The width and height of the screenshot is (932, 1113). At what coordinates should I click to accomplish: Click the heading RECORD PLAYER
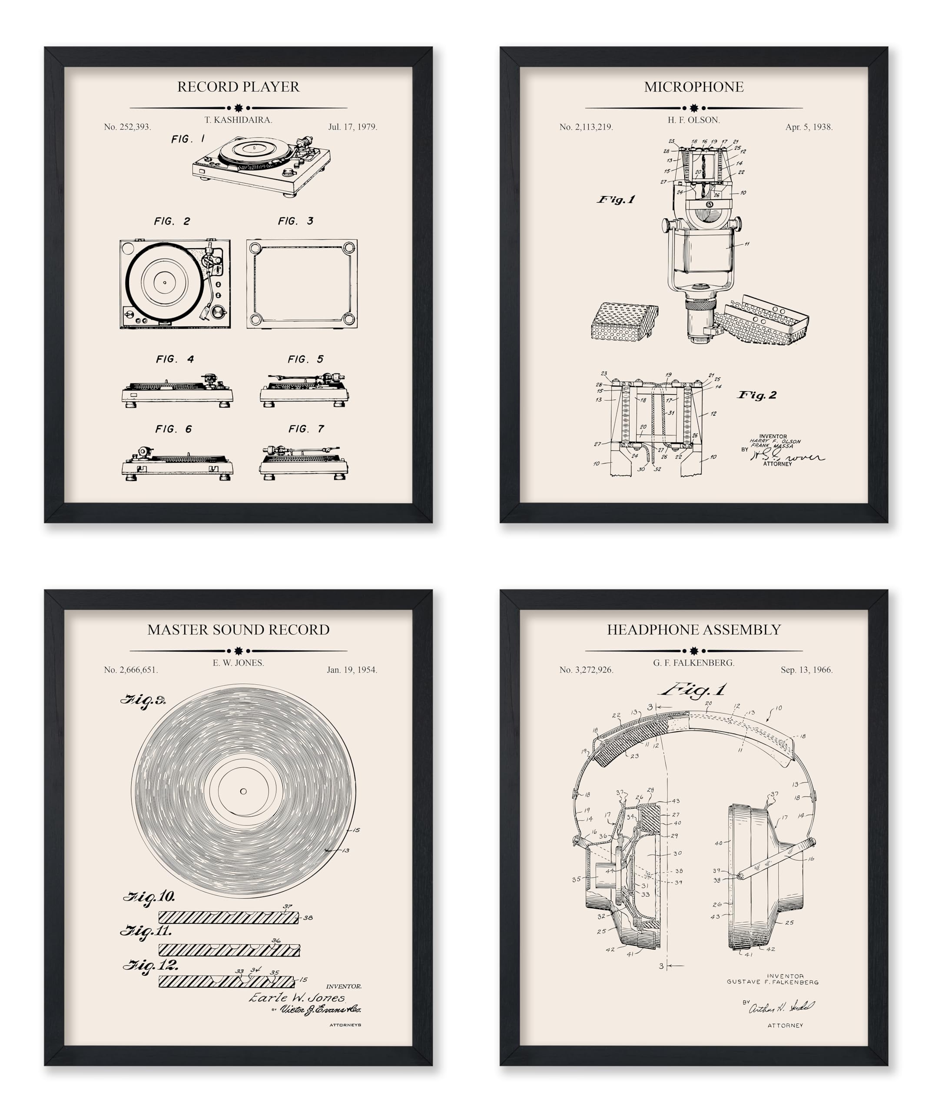[238, 87]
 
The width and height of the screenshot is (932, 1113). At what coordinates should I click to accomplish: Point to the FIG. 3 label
[295, 221]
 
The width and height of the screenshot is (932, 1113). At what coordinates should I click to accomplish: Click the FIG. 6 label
[173, 429]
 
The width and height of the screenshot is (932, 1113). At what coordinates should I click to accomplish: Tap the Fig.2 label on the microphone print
[757, 395]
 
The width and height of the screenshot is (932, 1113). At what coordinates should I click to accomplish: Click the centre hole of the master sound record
[243, 791]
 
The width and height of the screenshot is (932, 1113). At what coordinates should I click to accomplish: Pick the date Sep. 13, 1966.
[806, 670]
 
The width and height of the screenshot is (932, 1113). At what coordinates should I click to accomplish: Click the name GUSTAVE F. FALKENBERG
[772, 982]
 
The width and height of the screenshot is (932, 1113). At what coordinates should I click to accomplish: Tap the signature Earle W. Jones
[297, 997]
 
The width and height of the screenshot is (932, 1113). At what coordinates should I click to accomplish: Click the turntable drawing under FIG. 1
[261, 167]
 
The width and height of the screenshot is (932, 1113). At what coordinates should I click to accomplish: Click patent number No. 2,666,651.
[131, 670]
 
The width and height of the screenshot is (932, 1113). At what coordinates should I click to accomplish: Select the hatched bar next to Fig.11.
[229, 950]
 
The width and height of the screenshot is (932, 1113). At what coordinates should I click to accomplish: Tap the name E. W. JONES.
[238, 663]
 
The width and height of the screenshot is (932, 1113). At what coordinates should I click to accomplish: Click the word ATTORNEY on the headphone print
[785, 1026]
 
